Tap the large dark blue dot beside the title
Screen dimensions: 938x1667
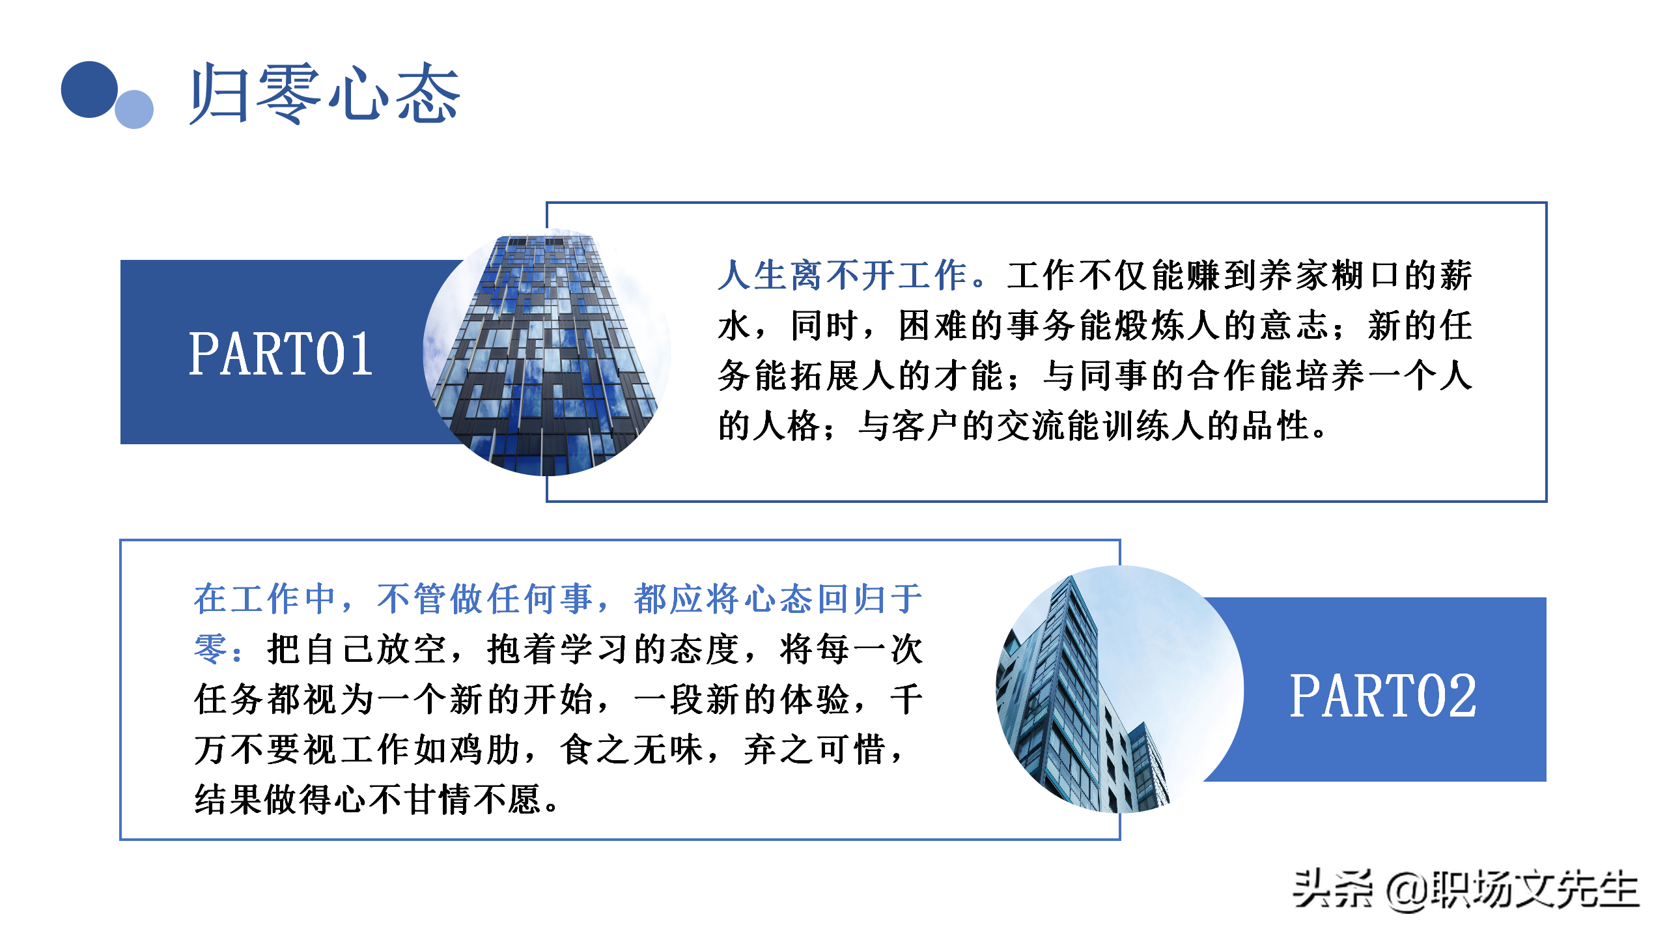[x=89, y=89]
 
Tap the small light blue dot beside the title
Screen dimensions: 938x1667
[x=134, y=109]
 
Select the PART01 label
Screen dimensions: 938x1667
[x=281, y=354]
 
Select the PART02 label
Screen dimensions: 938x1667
[x=1382, y=696]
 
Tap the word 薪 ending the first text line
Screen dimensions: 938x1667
[x=1456, y=276]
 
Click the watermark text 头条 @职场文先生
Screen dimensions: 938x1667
[x=1465, y=890]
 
